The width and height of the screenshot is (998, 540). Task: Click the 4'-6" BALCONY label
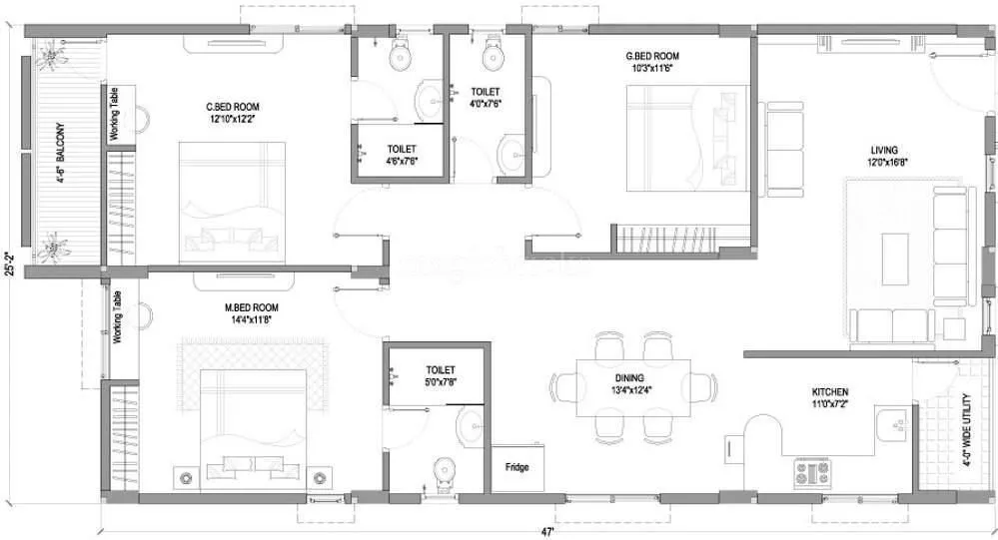[x=60, y=161]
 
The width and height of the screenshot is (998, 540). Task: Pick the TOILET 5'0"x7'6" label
[x=440, y=375]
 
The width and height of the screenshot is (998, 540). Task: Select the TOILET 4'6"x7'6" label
[x=402, y=154]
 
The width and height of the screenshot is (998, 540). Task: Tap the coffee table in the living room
[x=894, y=254]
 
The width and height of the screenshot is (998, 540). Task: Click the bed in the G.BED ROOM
[x=679, y=138]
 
